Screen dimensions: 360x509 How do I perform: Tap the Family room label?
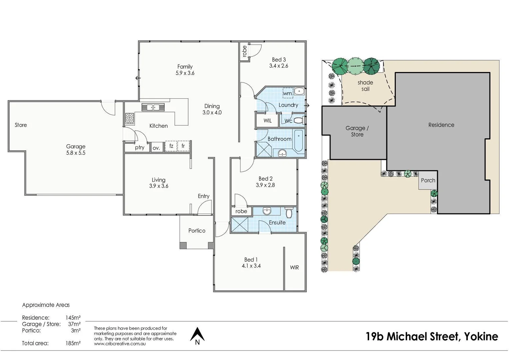185,67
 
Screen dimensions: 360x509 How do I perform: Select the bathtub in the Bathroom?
299,141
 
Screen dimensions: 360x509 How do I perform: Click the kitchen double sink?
153,107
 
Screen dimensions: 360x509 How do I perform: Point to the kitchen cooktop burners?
130,118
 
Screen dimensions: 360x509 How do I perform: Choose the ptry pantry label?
140,147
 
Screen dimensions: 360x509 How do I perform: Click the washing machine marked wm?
287,93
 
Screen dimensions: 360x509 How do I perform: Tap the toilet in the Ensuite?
289,212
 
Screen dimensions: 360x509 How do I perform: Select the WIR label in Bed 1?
294,267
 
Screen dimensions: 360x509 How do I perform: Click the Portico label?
197,231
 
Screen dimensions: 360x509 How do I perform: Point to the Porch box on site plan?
428,180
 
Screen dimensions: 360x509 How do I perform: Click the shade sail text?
365,86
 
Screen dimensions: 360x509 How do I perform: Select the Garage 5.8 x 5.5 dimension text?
76,153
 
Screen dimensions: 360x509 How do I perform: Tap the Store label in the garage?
21,125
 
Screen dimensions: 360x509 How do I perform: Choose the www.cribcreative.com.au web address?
120,344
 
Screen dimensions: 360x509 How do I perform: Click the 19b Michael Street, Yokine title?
432,336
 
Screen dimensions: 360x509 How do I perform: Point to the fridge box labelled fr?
183,146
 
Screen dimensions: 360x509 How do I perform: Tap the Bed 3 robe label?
245,51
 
